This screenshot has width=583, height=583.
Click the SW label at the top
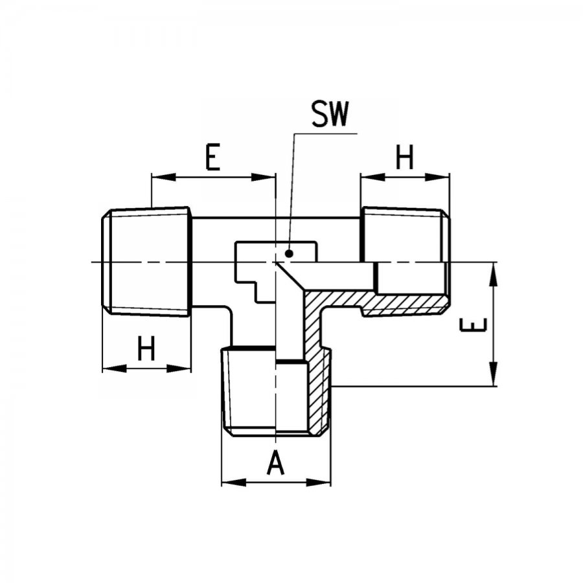[x=330, y=114]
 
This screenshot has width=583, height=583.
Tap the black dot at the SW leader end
[x=289, y=254]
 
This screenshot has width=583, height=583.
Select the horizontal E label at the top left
[x=212, y=157]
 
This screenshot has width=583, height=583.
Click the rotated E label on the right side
[x=473, y=325]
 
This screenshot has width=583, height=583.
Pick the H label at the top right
[x=404, y=157]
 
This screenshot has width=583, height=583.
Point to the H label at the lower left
[x=146, y=348]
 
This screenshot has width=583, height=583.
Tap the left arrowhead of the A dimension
[x=234, y=483]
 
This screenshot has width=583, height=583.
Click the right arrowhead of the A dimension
[x=318, y=483]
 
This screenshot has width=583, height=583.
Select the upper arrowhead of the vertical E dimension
[x=493, y=275]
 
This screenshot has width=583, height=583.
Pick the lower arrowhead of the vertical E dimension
[x=493, y=374]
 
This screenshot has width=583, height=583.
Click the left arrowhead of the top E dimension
[x=164, y=177]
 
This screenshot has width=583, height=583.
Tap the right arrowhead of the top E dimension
[x=263, y=177]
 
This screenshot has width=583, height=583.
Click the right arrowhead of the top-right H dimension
[x=437, y=177]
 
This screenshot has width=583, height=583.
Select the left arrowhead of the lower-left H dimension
[x=115, y=369]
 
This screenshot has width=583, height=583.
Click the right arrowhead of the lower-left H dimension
[x=179, y=369]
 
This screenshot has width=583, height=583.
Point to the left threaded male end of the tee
[x=146, y=262]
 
